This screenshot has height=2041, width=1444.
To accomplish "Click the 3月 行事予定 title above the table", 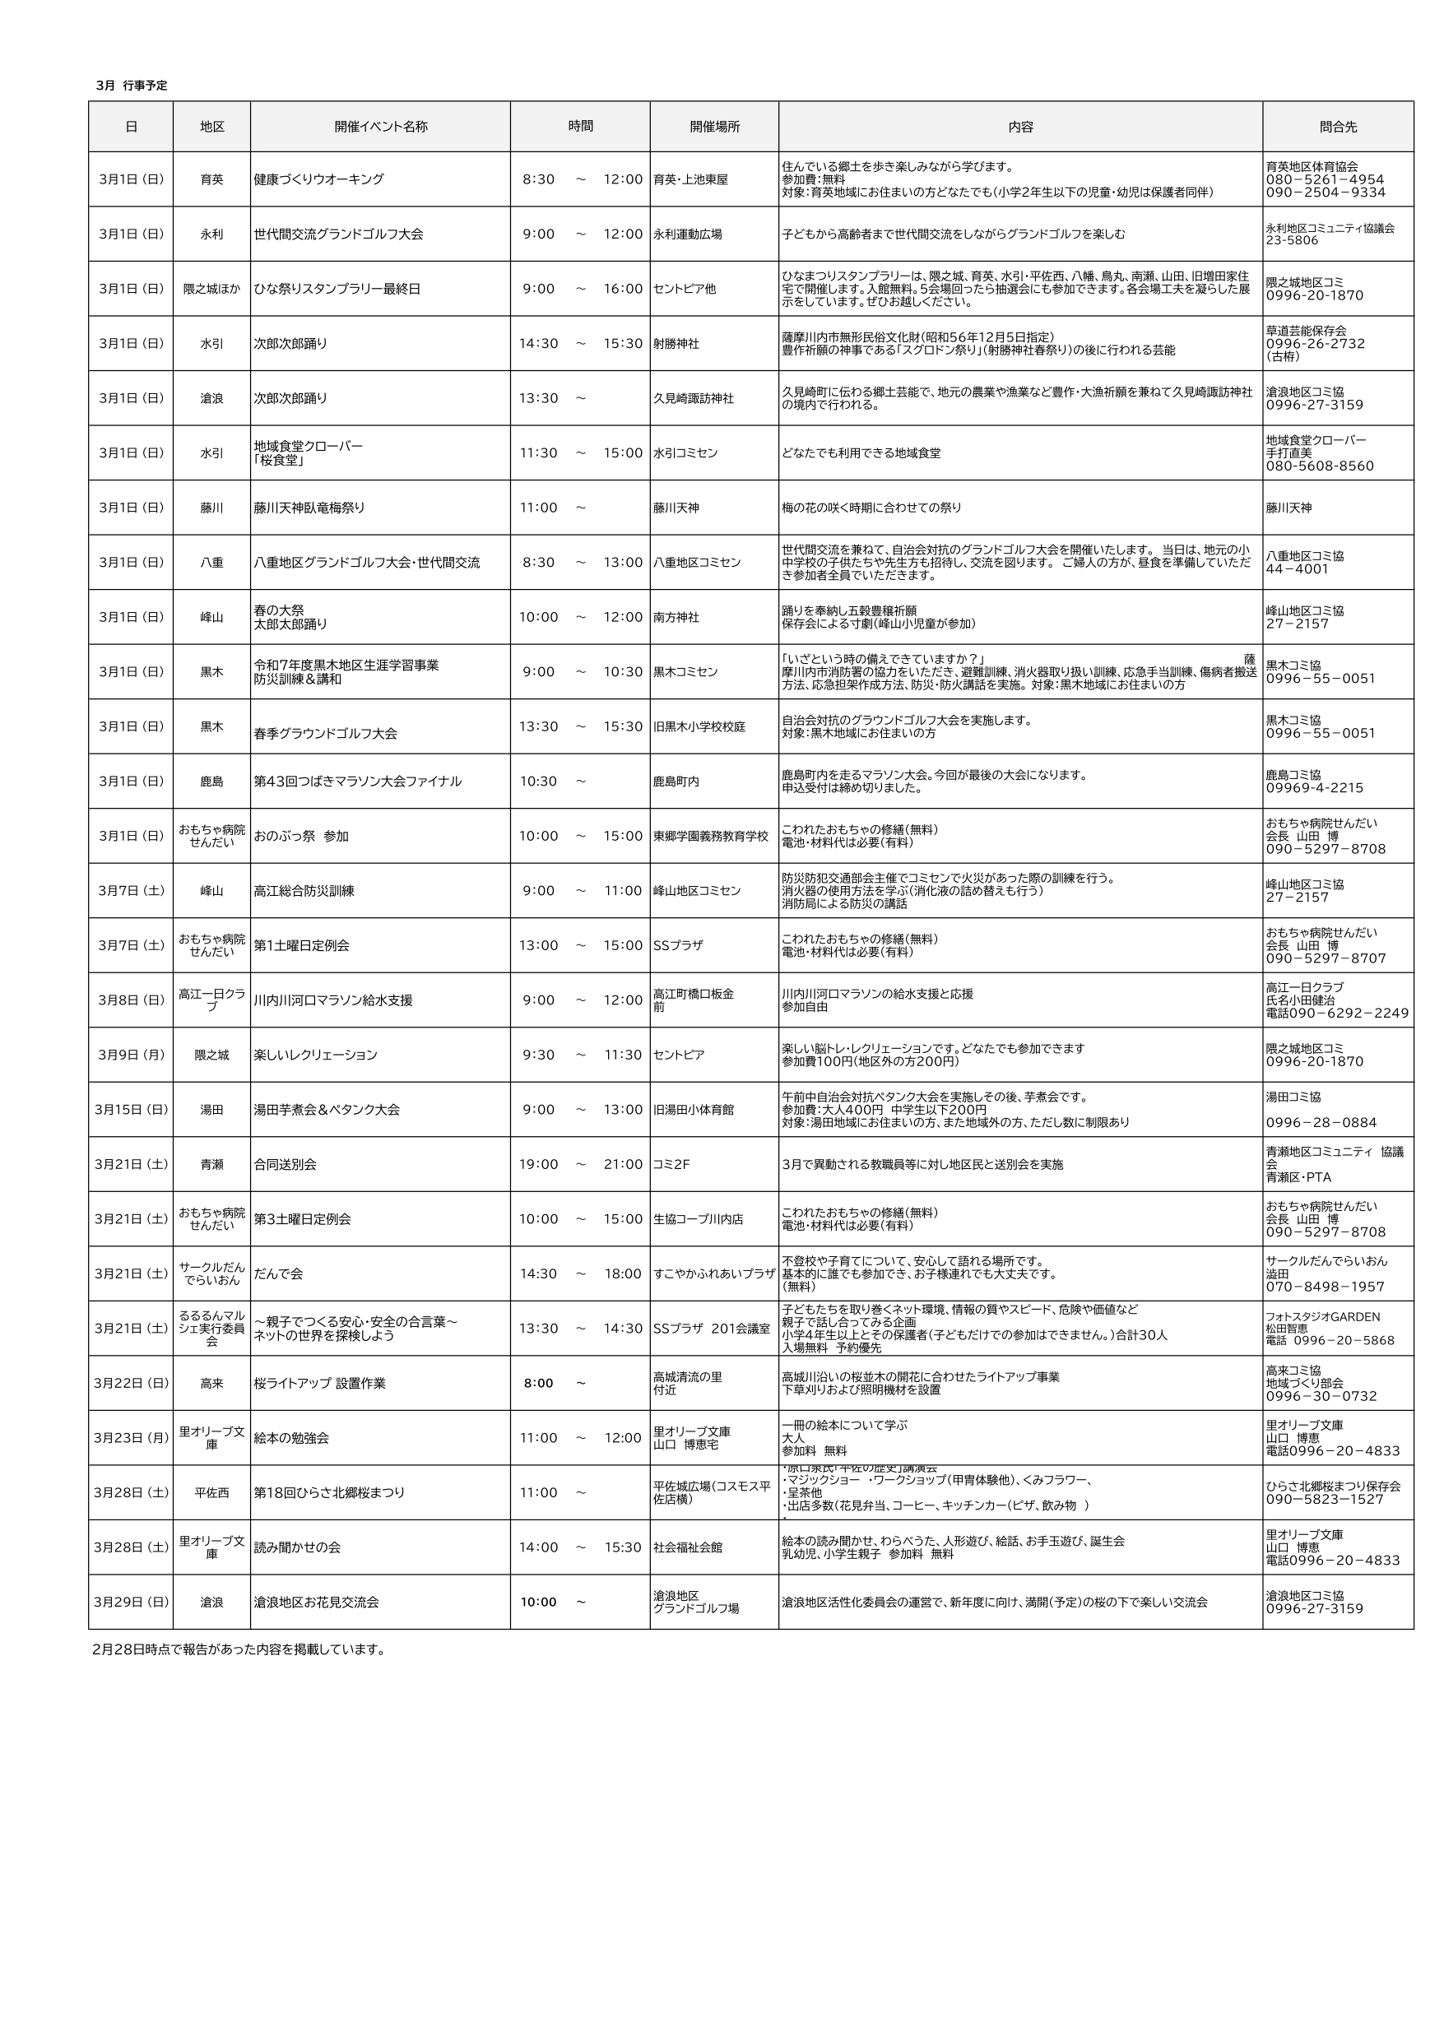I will click(x=132, y=86).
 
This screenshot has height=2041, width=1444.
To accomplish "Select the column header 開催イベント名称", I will click(x=381, y=126).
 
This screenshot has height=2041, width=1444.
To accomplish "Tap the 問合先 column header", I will click(x=1337, y=126).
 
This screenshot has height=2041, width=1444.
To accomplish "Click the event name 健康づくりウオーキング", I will click(x=319, y=179).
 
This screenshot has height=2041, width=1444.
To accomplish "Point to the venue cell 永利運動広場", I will click(x=687, y=234).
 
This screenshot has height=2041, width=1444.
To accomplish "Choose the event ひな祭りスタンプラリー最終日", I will click(x=337, y=289).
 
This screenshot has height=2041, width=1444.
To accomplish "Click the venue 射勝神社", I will click(x=676, y=344).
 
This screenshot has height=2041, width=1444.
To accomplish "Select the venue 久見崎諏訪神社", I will click(x=694, y=398).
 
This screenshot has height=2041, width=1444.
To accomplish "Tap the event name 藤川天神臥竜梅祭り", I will click(x=309, y=508).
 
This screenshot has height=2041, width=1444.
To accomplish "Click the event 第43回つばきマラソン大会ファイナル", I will click(x=357, y=782).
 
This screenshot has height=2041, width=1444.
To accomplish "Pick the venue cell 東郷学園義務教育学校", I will click(x=710, y=837).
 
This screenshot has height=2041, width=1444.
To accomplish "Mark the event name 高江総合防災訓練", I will click(x=304, y=891).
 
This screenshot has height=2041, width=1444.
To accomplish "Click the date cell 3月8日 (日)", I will click(x=131, y=1000).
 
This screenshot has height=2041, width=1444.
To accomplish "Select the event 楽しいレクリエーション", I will click(x=316, y=1055).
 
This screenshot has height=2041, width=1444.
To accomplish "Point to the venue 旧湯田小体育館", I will click(x=694, y=1110).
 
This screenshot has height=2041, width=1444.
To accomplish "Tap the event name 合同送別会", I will click(x=286, y=1165).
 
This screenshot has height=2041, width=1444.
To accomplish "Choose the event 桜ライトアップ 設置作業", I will click(x=319, y=1383).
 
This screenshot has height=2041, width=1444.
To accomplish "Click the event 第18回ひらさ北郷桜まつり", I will click(x=329, y=1492).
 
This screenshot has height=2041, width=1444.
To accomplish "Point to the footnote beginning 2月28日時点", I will click(x=239, y=1649).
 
